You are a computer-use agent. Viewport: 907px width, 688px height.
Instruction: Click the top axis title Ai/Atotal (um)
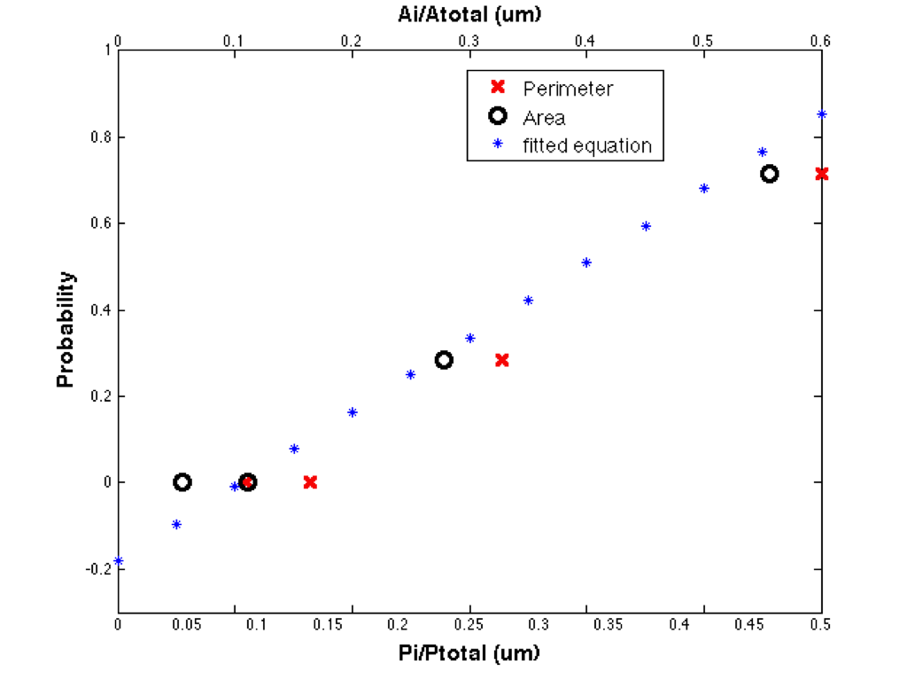pyautogui.click(x=469, y=14)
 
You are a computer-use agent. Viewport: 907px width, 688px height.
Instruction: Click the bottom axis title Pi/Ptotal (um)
pyautogui.click(x=469, y=654)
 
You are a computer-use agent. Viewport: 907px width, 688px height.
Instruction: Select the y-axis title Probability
pyautogui.click(x=66, y=330)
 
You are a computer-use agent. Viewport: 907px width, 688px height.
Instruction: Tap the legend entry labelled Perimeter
pyautogui.click(x=568, y=89)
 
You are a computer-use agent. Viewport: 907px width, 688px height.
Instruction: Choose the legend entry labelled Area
pyautogui.click(x=544, y=117)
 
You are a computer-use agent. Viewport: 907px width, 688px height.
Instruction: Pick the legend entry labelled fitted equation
pyautogui.click(x=587, y=145)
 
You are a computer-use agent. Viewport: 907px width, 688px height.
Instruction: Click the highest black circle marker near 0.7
pyautogui.click(x=770, y=174)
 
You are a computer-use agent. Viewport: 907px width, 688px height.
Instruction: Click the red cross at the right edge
pyautogui.click(x=821, y=174)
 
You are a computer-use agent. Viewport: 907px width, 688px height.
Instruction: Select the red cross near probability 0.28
pyautogui.click(x=502, y=360)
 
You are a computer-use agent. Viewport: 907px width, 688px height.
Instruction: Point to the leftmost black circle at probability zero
pyautogui.click(x=182, y=482)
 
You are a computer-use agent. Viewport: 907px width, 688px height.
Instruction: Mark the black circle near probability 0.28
pyautogui.click(x=444, y=360)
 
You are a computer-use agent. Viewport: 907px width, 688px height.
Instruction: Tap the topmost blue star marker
pyautogui.click(x=821, y=114)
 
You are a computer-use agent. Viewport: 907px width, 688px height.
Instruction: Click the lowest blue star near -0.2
pyautogui.click(x=119, y=561)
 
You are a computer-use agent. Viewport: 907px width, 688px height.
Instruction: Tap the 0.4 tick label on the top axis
pyautogui.click(x=585, y=41)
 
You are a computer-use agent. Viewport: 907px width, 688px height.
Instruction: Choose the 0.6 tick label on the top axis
pyautogui.click(x=820, y=41)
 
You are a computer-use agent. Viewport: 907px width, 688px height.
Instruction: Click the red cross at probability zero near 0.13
pyautogui.click(x=310, y=482)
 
